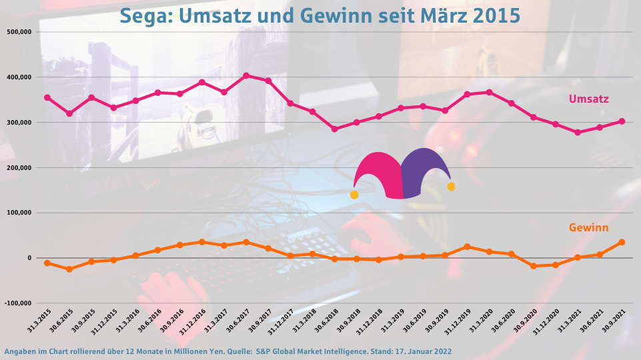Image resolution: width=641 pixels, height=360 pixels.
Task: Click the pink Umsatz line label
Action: [x=588, y=99]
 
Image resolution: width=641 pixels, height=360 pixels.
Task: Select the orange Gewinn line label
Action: [x=588, y=228]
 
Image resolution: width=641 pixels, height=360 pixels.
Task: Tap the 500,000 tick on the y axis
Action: [x=21, y=32]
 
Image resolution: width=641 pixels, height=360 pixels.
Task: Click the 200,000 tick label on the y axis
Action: [x=21, y=168]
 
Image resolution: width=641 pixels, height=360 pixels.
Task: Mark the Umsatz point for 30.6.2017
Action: [x=246, y=75]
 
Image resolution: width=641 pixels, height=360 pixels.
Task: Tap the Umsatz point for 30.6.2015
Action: [x=69, y=114]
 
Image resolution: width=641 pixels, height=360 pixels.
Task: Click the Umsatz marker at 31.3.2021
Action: [x=578, y=133]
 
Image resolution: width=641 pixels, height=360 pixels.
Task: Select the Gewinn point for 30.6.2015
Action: [x=69, y=269]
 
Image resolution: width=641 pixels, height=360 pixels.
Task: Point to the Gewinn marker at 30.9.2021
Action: [x=622, y=242]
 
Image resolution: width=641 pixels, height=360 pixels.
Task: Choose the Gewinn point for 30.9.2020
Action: [x=534, y=266]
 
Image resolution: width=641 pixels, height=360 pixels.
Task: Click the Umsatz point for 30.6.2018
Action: [x=335, y=129]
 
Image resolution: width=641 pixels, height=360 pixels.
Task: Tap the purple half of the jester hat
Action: [x=424, y=170]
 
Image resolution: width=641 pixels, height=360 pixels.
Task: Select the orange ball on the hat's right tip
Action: [x=452, y=187]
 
